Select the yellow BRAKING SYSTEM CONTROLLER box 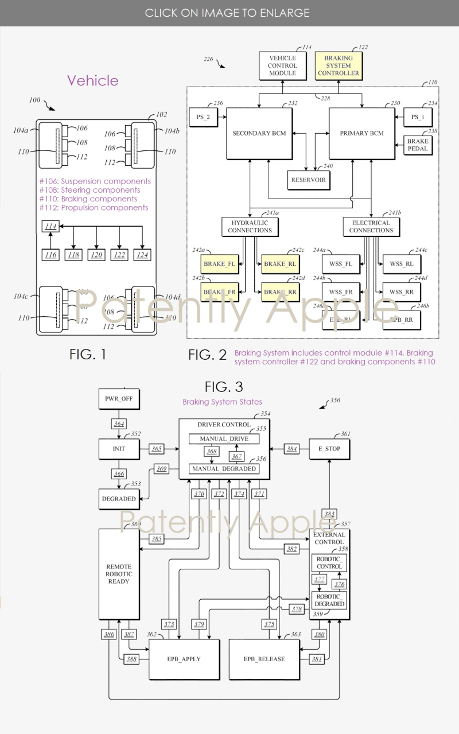pyautogui.click(x=338, y=66)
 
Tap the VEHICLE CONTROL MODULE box pyautogui.click(x=282, y=66)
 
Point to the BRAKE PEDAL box pyautogui.click(x=418, y=145)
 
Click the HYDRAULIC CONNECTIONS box pyautogui.click(x=250, y=226)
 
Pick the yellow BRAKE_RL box pyautogui.click(x=280, y=264)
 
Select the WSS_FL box pyautogui.click(x=341, y=264)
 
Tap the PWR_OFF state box pyautogui.click(x=119, y=398)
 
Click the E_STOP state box pyautogui.click(x=329, y=449)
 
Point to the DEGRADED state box pyautogui.click(x=119, y=499)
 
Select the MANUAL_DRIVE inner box pyautogui.click(x=223, y=439)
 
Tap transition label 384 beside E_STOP pyautogui.click(x=293, y=449)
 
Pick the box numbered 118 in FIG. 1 pyautogui.click(x=73, y=254)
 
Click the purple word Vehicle pyautogui.click(x=92, y=80)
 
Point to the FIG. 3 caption pyautogui.click(x=225, y=387)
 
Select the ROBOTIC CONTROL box pyautogui.click(x=329, y=562)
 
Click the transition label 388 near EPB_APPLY pyautogui.click(x=131, y=659)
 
